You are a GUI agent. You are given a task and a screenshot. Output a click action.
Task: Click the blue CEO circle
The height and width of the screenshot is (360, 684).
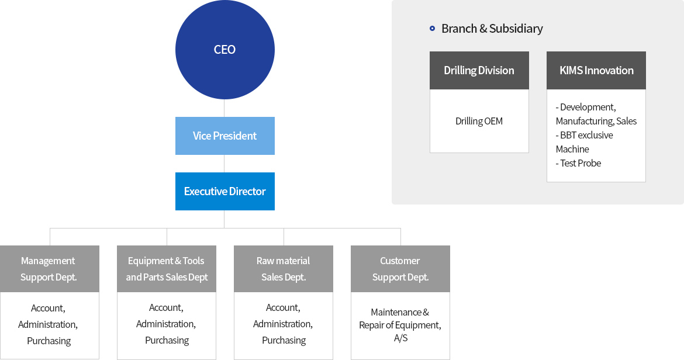[x=224, y=50]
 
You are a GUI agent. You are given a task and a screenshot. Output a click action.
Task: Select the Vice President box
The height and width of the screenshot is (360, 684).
[x=224, y=136]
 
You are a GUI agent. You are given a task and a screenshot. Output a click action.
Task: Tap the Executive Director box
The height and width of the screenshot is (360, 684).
[x=224, y=191]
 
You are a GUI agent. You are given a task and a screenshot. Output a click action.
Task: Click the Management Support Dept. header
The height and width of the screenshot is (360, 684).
[x=49, y=269]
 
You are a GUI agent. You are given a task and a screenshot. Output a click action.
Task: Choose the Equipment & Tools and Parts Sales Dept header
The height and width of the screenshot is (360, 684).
[x=167, y=269]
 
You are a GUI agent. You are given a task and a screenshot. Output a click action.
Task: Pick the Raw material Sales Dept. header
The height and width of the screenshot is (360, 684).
[x=284, y=269]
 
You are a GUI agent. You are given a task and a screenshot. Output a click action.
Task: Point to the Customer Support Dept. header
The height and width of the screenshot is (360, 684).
[x=400, y=269]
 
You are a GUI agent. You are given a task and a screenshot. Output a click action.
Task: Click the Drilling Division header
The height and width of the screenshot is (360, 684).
[x=479, y=71]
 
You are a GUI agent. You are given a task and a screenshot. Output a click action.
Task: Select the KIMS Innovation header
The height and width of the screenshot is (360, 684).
[x=596, y=71]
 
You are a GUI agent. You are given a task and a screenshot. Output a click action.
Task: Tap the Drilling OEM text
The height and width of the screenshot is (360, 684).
[x=479, y=121]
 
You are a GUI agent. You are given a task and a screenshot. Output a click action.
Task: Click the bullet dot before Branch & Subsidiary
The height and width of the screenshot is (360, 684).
[x=432, y=28]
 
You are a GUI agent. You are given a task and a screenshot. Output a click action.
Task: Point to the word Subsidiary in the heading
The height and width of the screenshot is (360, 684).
[x=516, y=28]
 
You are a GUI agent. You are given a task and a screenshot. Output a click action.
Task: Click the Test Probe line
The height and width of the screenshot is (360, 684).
[x=578, y=163]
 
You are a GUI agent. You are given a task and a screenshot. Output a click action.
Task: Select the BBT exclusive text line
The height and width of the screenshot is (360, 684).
[x=585, y=135]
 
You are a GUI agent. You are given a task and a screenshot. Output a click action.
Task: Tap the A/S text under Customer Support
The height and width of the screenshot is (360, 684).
[x=400, y=338]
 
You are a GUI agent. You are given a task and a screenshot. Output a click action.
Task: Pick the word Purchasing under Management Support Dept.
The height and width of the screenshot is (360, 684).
[x=49, y=341]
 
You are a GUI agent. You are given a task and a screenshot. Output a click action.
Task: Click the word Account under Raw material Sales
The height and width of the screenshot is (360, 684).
[x=282, y=308]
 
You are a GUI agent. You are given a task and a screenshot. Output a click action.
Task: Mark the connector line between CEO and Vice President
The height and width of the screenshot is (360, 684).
[x=224, y=108]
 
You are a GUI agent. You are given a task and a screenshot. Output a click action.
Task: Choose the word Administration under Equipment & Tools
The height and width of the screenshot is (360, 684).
[x=165, y=324]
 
